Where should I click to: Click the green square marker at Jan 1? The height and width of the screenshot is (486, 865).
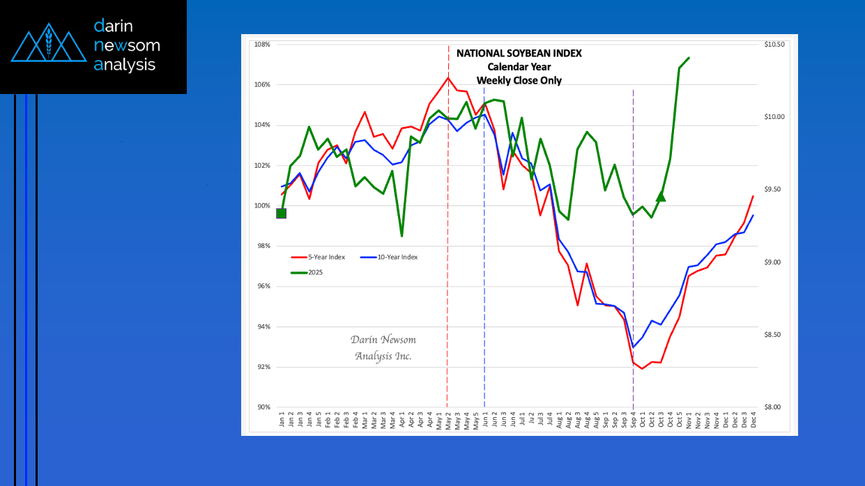point(282,213)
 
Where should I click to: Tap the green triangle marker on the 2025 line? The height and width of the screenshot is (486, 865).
point(661,196)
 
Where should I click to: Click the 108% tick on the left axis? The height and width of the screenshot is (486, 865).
point(262,45)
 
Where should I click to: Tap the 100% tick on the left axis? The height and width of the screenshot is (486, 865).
point(262,206)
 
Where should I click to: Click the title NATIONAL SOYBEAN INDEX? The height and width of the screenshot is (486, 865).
point(519,54)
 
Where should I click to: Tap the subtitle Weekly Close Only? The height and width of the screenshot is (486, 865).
point(519,81)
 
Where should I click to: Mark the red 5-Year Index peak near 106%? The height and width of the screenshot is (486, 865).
point(447,77)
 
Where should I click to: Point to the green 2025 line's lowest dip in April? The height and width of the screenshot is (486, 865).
point(402,236)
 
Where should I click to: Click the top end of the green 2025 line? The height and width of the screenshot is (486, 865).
point(689,58)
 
